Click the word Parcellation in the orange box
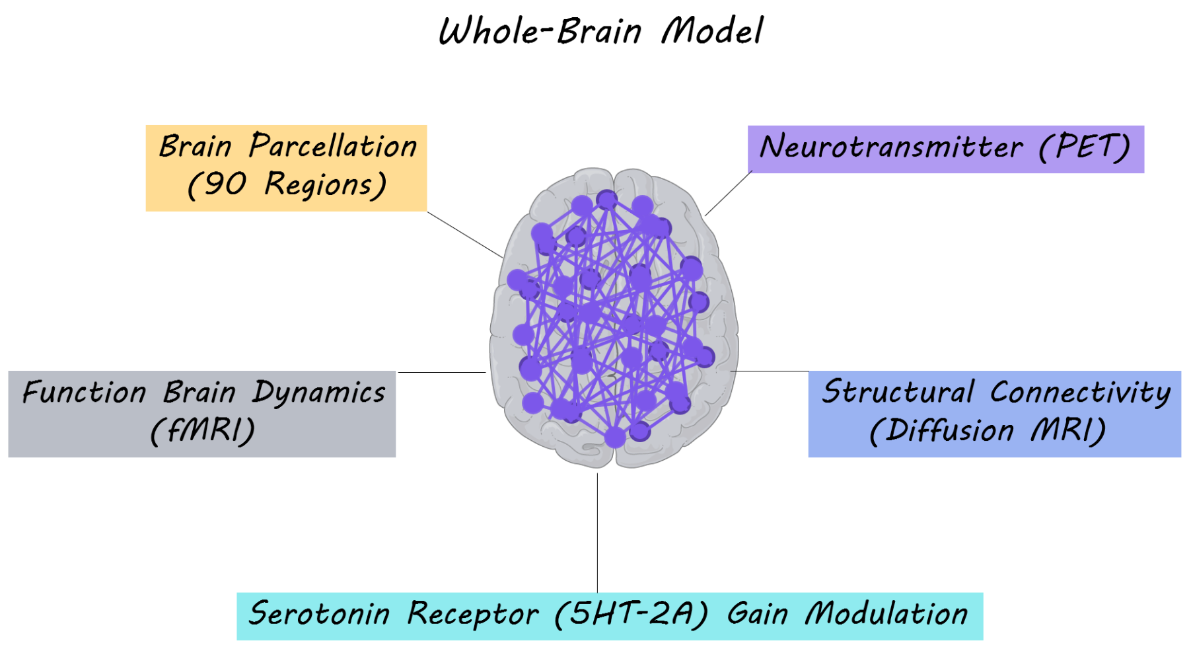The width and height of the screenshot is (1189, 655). [333, 146]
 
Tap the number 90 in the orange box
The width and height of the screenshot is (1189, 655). [225, 184]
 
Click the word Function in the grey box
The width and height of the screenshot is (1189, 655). [84, 393]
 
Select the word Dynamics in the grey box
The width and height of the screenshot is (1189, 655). [319, 393]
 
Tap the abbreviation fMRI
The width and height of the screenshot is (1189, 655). [203, 431]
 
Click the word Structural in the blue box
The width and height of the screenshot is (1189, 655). [898, 392]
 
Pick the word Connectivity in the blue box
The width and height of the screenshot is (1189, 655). [1080, 392]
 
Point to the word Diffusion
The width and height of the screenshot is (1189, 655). [949, 431]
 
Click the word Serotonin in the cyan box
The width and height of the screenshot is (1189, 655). [319, 614]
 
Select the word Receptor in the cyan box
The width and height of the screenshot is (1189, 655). [472, 614]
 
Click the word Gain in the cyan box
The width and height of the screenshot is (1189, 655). [757, 614]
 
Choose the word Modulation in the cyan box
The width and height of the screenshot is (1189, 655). [886, 614]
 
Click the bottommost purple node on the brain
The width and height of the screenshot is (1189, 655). [615, 437]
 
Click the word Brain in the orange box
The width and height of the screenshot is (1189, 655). [196, 146]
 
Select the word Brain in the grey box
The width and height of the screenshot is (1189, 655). [199, 393]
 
